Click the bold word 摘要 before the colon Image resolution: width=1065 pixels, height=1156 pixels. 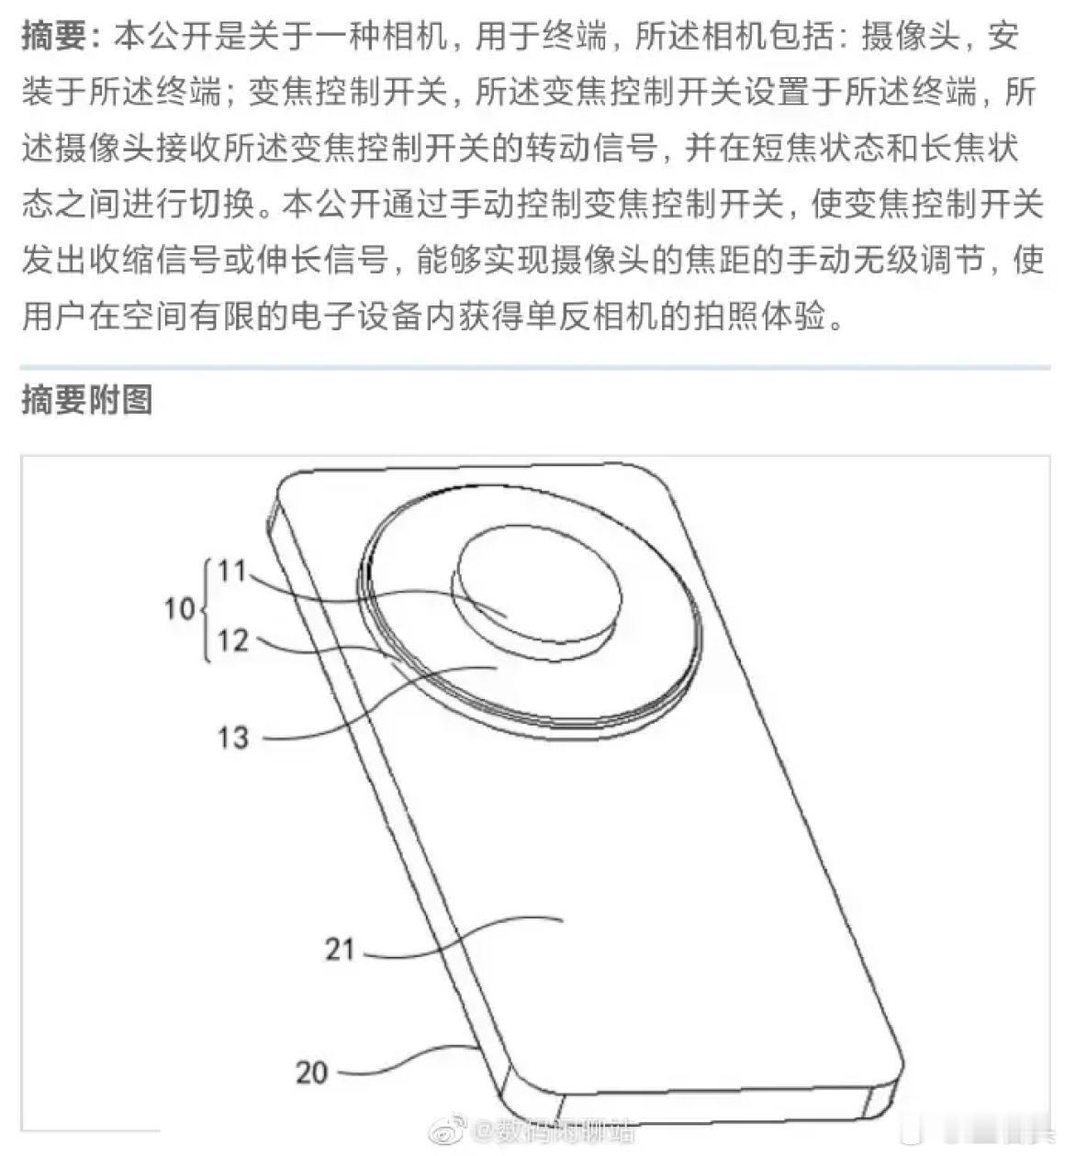click(54, 37)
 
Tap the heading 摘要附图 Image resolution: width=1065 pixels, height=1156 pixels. click(87, 399)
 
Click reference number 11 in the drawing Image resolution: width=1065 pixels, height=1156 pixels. click(232, 572)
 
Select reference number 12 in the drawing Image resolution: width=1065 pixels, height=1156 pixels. click(233, 640)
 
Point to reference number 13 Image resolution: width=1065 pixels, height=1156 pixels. click(233, 737)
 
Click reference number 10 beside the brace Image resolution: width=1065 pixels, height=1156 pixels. click(180, 608)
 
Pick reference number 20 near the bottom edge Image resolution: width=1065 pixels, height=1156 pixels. click(311, 1073)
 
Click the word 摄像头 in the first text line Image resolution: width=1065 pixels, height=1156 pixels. click(911, 37)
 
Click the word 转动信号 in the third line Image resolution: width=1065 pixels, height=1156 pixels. click(592, 148)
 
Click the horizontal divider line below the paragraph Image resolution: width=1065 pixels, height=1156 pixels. click(535, 367)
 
